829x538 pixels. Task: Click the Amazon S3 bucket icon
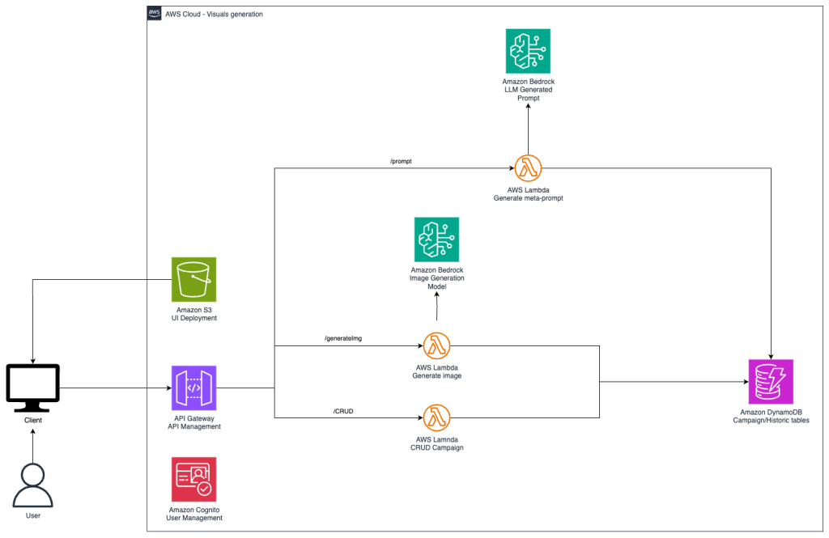(194, 280)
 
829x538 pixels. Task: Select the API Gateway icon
(194, 388)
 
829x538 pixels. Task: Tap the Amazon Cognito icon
(194, 479)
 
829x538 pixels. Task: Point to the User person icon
(32, 485)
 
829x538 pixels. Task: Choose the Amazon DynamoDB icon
(771, 382)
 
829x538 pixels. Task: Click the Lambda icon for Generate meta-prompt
(528, 168)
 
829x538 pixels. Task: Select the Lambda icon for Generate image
(436, 345)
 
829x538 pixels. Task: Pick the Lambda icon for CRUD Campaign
(436, 418)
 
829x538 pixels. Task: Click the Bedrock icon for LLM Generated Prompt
(528, 52)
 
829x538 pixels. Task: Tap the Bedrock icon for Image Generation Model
(436, 239)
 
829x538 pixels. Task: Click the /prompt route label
(402, 162)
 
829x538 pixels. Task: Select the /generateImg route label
(342, 338)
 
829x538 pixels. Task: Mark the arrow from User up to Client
(32, 444)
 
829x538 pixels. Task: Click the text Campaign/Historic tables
(770, 421)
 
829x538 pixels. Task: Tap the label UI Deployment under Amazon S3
(194, 318)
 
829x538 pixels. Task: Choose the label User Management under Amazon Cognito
(195, 518)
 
